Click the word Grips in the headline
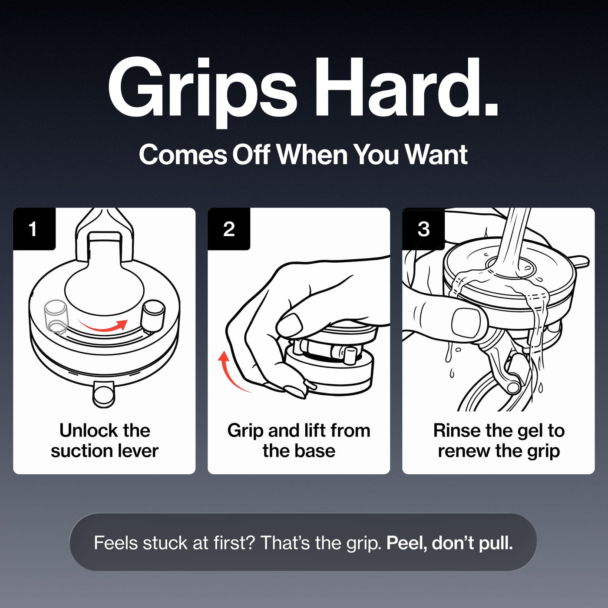(202, 92)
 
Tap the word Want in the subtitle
(436, 155)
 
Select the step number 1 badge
(34, 229)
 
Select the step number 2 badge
(229, 229)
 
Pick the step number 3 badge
(423, 229)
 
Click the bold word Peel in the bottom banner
(406, 543)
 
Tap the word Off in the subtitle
(251, 155)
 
